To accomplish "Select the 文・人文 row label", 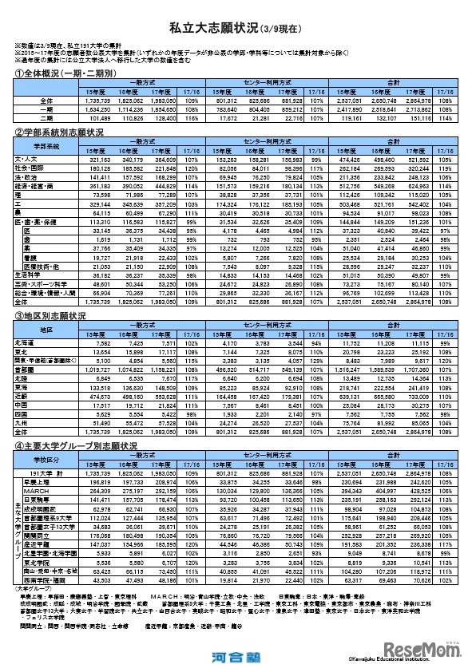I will click(x=28, y=160).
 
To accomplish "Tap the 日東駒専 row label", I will click(x=37, y=499).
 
